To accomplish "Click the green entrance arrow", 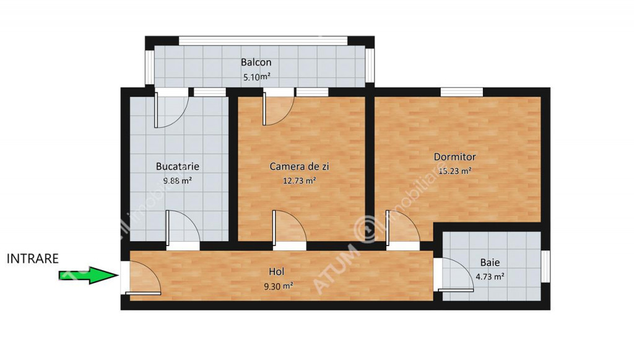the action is coord(89,276).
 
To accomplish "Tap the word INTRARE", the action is coord(33,259).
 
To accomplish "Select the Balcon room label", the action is coord(256,63).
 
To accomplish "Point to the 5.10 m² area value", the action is coord(257,76).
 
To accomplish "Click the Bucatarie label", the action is coord(178,166).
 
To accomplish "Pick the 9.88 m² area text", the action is coord(178,180).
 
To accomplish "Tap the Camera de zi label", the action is coord(299,166).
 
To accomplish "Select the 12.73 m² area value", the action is coord(299,180).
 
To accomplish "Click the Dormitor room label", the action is coord(455,157).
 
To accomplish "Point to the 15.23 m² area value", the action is coord(455,170).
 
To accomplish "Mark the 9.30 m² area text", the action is coord(279,286).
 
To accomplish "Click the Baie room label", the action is coord(490,263).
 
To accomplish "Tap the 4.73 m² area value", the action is coord(490,277).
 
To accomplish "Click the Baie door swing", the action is coord(456,274).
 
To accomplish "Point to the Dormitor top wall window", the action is coord(462,92).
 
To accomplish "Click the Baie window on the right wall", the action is coord(545,266).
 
